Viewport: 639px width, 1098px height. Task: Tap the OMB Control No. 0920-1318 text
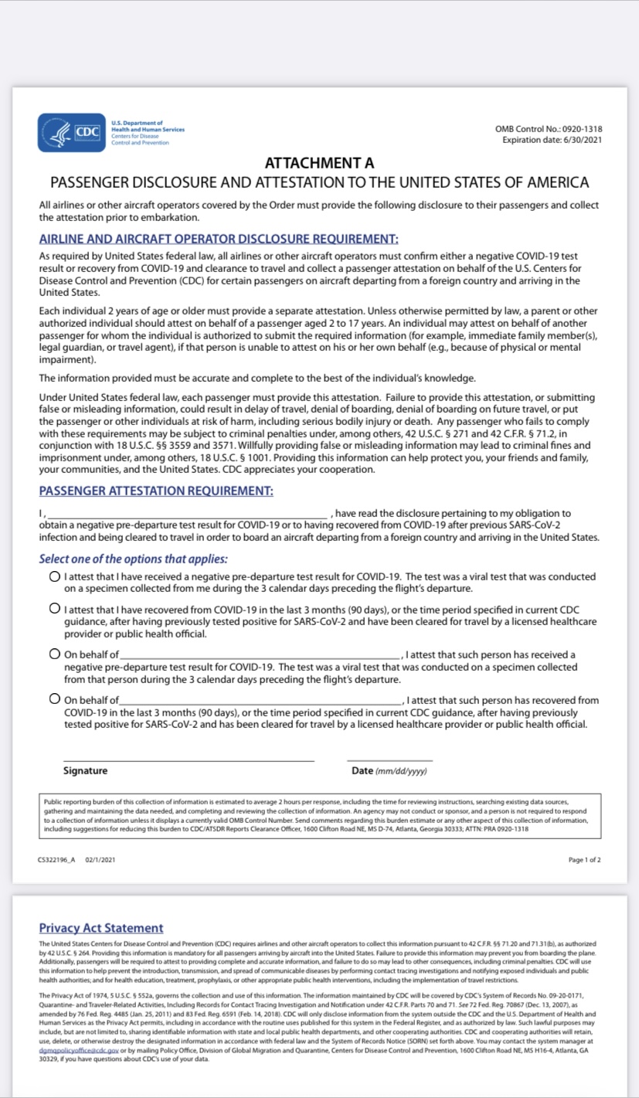pyautogui.click(x=549, y=129)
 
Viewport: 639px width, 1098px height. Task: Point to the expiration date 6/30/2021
pyautogui.click(x=552, y=139)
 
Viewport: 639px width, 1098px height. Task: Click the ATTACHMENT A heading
pyautogui.click(x=319, y=163)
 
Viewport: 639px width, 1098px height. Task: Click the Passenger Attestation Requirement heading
pyautogui.click(x=155, y=491)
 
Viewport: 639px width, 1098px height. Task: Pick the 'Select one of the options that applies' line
pyautogui.click(x=134, y=559)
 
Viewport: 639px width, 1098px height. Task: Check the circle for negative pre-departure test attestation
pyautogui.click(x=54, y=576)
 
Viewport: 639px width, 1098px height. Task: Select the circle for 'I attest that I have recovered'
pyautogui.click(x=54, y=609)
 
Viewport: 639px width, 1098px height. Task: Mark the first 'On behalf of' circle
pyautogui.click(x=54, y=654)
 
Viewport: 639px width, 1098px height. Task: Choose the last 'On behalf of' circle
pyautogui.click(x=54, y=699)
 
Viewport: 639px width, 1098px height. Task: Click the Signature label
pyautogui.click(x=86, y=770)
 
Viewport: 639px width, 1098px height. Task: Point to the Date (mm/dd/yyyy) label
pyautogui.click(x=389, y=770)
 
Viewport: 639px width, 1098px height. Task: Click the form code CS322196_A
pyautogui.click(x=56, y=859)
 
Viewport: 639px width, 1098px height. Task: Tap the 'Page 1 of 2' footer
pyautogui.click(x=584, y=859)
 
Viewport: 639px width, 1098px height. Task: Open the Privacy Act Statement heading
pyautogui.click(x=101, y=928)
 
